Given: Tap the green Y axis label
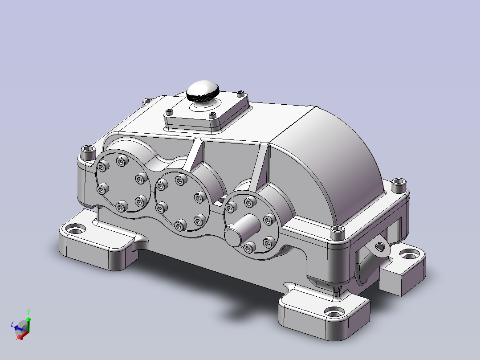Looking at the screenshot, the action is [28, 312].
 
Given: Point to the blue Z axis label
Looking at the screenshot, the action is [12, 323].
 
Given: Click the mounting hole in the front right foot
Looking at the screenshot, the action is [334, 313].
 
